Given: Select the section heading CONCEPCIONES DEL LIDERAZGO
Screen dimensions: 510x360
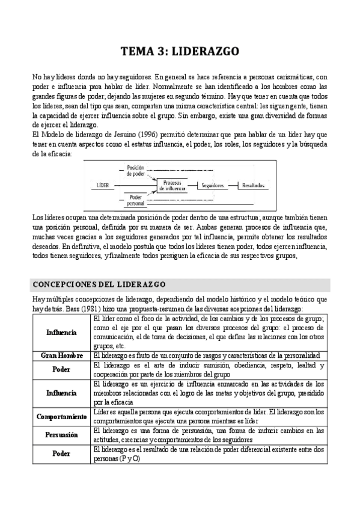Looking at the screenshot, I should (x=99, y=284).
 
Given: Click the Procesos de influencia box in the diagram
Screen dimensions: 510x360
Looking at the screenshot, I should (x=175, y=186).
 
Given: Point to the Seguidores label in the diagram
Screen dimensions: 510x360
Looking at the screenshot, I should (x=217, y=186).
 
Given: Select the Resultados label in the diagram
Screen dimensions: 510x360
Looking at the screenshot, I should (x=255, y=186).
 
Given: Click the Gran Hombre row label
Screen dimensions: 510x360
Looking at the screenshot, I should (x=62, y=356).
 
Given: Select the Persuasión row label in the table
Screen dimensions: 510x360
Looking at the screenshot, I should (x=62, y=435).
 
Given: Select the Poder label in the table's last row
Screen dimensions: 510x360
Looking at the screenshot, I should (x=62, y=454).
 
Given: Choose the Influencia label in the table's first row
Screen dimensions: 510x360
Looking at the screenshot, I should (x=62, y=332).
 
